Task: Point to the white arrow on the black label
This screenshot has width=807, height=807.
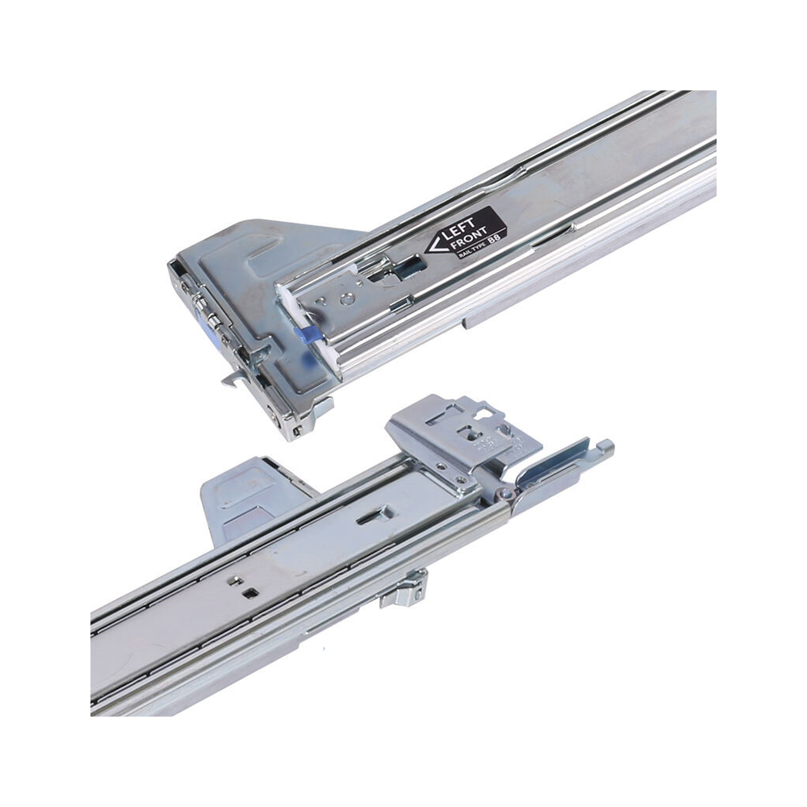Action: (x=434, y=244)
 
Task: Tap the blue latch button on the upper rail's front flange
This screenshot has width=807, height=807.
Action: (x=211, y=335)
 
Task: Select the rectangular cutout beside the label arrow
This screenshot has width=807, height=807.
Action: (x=412, y=265)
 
